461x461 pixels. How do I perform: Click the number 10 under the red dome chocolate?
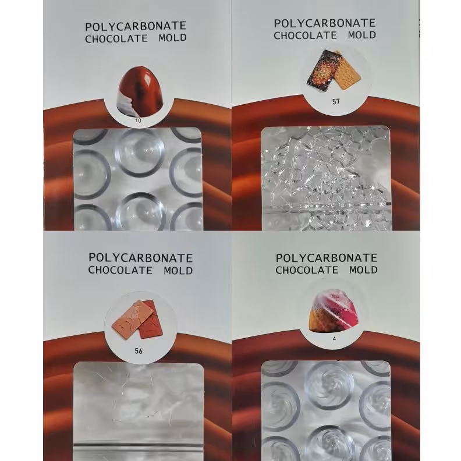tap(138, 120)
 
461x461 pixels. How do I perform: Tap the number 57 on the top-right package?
tap(336, 102)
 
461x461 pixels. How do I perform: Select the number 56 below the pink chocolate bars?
tap(139, 351)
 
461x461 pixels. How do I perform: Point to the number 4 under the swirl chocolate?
tap(334, 339)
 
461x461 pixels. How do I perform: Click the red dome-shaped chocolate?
tap(140, 91)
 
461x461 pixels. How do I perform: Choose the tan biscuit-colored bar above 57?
tap(347, 72)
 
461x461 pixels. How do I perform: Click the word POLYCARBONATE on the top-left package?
tap(136, 26)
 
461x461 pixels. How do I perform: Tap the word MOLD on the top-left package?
tap(172, 38)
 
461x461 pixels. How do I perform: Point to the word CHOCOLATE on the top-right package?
tap(305, 36)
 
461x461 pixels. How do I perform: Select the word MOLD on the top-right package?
tap(362, 35)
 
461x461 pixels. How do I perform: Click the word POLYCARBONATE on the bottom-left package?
tap(140, 258)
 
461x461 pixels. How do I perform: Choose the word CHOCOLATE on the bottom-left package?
tap(120, 270)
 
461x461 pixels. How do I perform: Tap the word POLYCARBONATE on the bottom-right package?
tap(327, 258)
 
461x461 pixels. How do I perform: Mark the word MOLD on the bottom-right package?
tap(363, 269)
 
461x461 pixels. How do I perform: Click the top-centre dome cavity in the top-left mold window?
tap(139, 153)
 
